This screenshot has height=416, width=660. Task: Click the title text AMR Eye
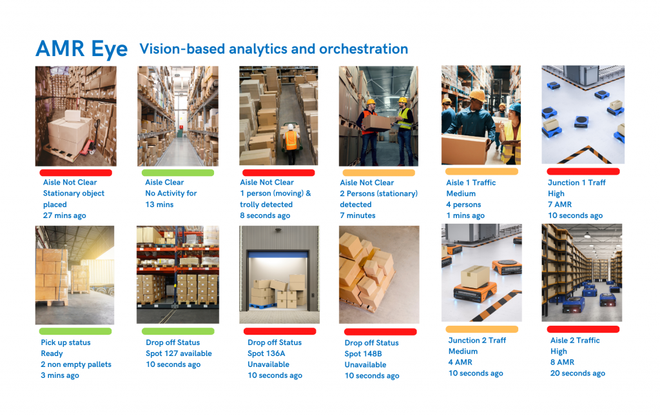(x=81, y=49)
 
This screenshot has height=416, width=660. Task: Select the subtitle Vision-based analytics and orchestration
(x=274, y=49)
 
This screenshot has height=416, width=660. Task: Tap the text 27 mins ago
(x=64, y=215)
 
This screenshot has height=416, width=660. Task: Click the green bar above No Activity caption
(x=177, y=173)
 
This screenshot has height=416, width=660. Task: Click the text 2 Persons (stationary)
(x=379, y=193)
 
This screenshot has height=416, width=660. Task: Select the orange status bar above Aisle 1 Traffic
(x=481, y=172)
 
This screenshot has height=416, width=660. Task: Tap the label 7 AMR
(x=560, y=204)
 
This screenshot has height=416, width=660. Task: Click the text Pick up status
(x=66, y=342)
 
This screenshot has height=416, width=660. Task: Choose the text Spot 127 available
(x=179, y=353)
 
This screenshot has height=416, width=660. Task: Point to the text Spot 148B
(x=364, y=354)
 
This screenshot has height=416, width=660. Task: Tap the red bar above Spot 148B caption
(x=381, y=332)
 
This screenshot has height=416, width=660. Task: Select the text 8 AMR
(x=562, y=362)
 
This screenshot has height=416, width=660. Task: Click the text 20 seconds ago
(x=577, y=373)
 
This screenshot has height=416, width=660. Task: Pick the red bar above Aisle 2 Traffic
(x=582, y=330)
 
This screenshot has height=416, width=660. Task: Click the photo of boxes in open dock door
(x=279, y=274)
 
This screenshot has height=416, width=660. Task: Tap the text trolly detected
(x=266, y=204)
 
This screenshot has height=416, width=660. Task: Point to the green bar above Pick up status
(x=75, y=332)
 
